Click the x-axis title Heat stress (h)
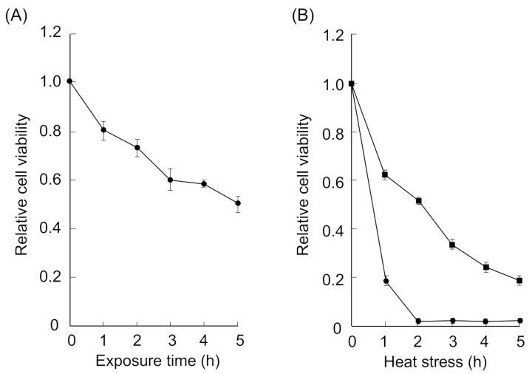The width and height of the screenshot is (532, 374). (436, 362)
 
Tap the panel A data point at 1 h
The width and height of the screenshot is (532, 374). (103, 130)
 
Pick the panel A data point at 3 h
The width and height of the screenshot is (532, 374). (170, 180)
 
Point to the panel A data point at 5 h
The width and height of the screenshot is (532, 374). (237, 203)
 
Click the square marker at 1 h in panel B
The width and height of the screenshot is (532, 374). (385, 174)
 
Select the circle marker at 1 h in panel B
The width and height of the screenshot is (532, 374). (385, 281)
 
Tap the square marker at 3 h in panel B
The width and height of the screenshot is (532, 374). (453, 244)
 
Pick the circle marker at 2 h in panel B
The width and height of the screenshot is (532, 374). (419, 322)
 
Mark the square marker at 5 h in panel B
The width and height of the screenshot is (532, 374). (520, 281)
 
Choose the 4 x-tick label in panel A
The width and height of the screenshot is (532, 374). (204, 341)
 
